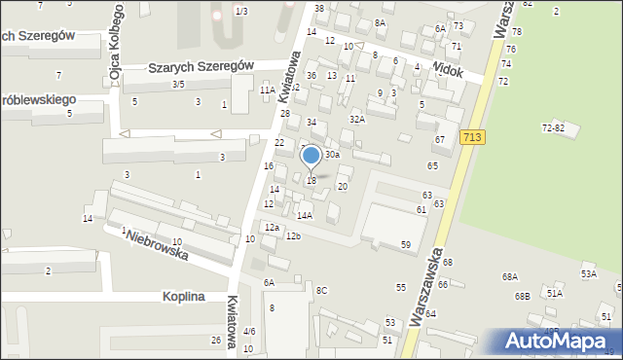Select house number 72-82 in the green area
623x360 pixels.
[x=553, y=127]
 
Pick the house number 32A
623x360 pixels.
[x=357, y=119]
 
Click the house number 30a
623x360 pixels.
[x=332, y=154]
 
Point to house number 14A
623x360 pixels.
[x=305, y=215]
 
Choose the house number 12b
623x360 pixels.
[x=293, y=236]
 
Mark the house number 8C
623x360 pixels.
[x=321, y=290]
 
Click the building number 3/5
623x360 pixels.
[x=178, y=85]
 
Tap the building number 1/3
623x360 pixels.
[x=241, y=11]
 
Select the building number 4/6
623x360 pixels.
[x=249, y=332]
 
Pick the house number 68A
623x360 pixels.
[x=510, y=277]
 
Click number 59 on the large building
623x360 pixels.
[x=405, y=244]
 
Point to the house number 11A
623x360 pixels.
[x=266, y=90]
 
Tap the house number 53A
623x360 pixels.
[x=589, y=274]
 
